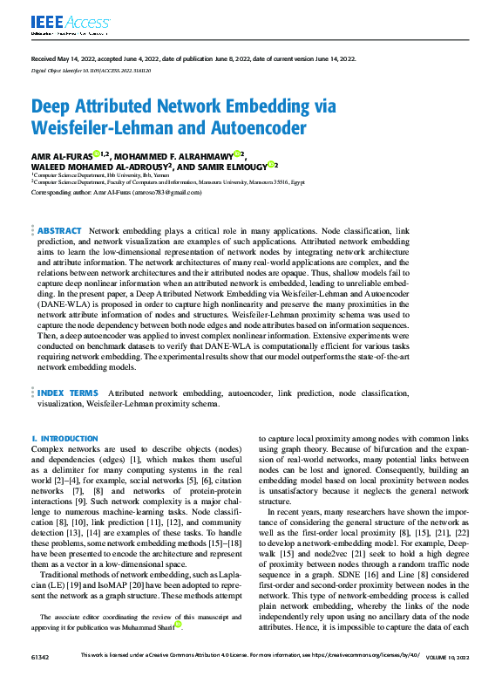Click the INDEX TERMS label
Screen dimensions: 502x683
[x=67, y=393]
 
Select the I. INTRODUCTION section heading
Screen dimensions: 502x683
[x=64, y=438]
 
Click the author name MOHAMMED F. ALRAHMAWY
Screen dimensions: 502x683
[x=174, y=154]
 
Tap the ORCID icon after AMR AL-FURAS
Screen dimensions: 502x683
[x=97, y=154]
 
